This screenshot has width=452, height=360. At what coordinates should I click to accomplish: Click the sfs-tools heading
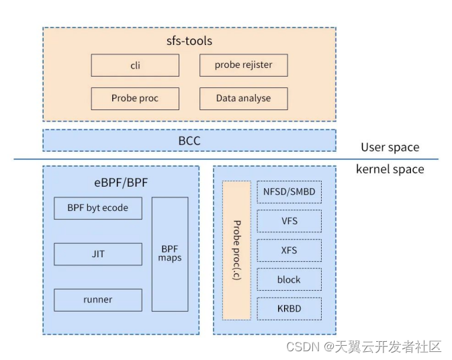coord(189,41)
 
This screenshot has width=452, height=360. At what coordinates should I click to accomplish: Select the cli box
coord(135,65)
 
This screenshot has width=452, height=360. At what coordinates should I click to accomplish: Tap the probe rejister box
coord(244,65)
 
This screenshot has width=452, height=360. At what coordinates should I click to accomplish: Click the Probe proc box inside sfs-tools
coord(135,98)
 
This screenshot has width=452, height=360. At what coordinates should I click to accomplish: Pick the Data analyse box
coord(244,98)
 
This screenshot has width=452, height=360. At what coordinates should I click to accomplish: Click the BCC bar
coord(189,141)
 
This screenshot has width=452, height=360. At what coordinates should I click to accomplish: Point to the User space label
coord(390,147)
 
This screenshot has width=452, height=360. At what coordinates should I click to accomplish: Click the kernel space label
coord(390,169)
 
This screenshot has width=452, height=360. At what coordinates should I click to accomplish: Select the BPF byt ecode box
coord(98,208)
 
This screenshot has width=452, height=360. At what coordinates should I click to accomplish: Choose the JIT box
coord(98,255)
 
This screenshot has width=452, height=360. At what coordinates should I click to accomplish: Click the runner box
coord(98,300)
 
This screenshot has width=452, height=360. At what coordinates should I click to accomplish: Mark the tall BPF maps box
coord(170,254)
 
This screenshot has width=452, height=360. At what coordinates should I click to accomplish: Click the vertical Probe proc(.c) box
coord(236,250)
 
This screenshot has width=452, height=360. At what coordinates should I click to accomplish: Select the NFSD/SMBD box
coord(289,192)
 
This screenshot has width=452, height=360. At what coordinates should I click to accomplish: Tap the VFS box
coord(289,221)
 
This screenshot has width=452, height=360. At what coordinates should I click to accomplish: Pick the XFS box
coord(289,251)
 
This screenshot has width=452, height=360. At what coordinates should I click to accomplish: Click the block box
coord(289,279)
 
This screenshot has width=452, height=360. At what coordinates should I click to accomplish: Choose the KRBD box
coord(289,308)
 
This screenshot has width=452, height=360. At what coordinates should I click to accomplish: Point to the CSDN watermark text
coord(363,347)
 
